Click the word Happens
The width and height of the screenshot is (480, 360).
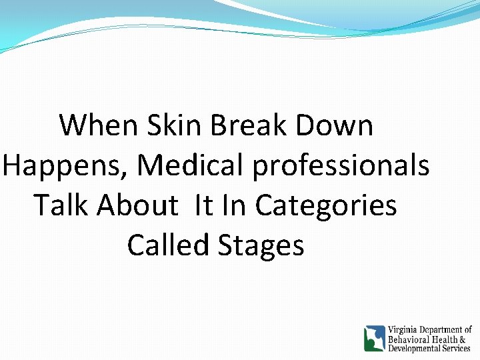[65, 166]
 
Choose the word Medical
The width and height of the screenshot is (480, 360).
[191, 165]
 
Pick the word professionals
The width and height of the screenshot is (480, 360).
[341, 166]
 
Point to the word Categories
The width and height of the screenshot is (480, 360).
[326, 206]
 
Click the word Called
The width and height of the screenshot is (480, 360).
[168, 245]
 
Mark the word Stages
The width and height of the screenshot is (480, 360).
[261, 246]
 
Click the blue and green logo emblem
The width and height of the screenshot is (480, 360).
[374, 338]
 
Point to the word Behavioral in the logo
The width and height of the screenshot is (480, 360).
[409, 339]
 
